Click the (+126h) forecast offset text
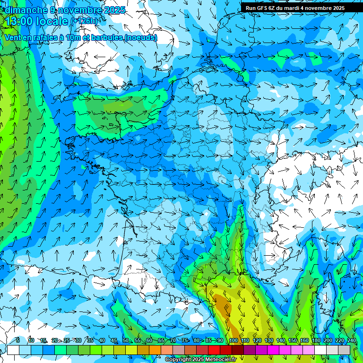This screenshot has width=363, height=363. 85,21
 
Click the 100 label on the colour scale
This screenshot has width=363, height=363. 233,341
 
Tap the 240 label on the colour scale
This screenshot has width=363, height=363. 352,341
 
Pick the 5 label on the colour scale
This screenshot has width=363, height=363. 18,341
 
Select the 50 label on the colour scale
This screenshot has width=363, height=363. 126,341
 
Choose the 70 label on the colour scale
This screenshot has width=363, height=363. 173,341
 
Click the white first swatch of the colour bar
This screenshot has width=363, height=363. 13,350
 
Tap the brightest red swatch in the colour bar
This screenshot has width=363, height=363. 214,350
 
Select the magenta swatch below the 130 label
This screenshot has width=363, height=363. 273,350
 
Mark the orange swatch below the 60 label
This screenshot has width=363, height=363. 155,350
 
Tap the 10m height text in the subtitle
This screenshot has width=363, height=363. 72,37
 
